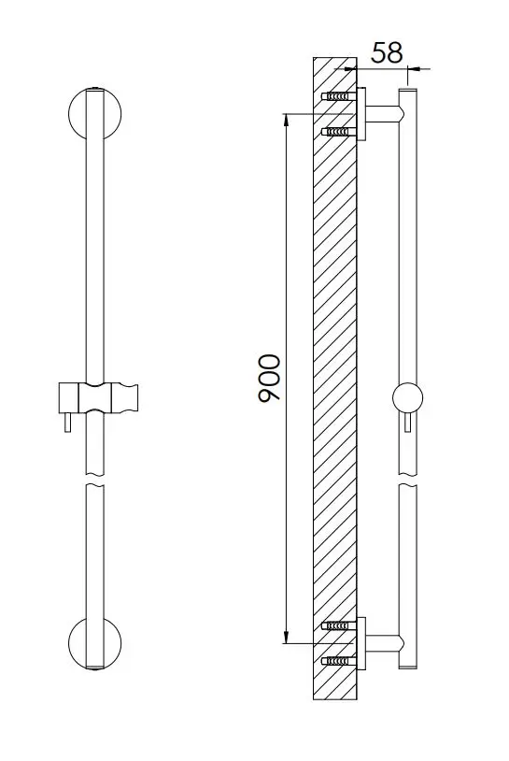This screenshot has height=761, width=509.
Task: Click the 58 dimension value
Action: click(x=387, y=52)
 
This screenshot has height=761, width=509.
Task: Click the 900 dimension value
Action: click(x=270, y=378)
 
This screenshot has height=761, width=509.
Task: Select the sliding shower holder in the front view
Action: click(x=99, y=397)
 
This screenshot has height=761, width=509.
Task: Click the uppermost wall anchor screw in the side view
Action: click(x=339, y=96)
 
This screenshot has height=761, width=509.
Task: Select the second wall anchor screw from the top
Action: click(x=339, y=132)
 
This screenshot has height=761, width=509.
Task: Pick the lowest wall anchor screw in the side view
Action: click(x=339, y=661)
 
